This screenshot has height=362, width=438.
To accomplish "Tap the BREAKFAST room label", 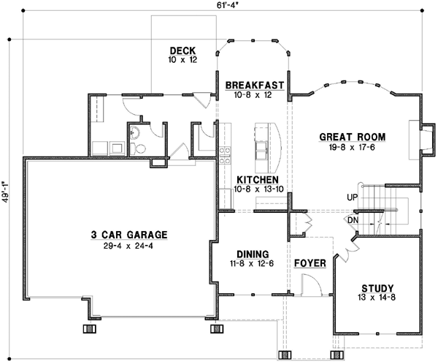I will point(255,85).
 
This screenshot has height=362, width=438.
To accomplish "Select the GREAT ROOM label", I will point(352,137).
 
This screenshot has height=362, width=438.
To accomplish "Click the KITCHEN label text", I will point(255,179).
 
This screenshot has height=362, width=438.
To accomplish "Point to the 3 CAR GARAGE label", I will point(129,235).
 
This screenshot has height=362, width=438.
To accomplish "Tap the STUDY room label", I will point(377,287).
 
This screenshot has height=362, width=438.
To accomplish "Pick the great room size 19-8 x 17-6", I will point(352,147).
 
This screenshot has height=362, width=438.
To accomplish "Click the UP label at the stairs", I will point(353,198).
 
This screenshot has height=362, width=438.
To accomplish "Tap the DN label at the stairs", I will point(353,219).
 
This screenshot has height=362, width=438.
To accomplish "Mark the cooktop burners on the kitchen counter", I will point(226,154).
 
